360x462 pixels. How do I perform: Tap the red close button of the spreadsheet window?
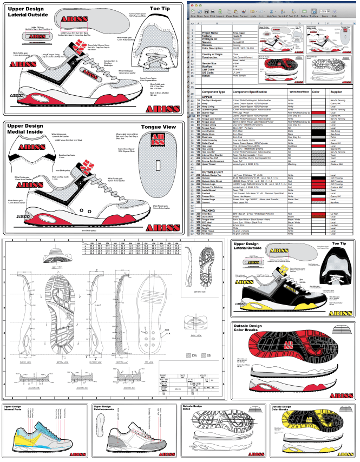190,3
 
